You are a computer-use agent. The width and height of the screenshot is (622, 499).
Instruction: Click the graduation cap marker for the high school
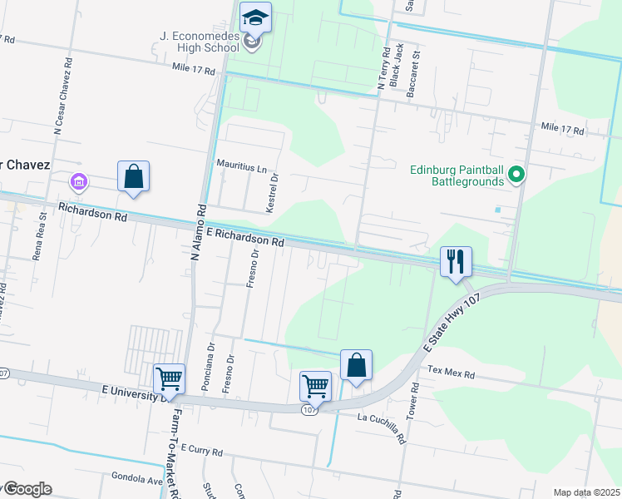255,17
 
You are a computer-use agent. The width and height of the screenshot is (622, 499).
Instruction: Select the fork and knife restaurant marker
455,261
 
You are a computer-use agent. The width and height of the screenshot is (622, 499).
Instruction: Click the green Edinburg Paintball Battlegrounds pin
516,175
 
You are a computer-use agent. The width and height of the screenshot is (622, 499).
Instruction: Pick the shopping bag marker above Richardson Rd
133,176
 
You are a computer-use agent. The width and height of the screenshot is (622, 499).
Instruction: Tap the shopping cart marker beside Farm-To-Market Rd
169,378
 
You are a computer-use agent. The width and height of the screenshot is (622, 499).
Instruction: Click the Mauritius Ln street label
242,166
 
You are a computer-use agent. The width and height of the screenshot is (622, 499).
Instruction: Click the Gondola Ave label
136,478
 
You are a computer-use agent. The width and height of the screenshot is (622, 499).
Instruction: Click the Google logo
27,489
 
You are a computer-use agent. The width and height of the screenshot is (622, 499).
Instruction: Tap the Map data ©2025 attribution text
585,492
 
